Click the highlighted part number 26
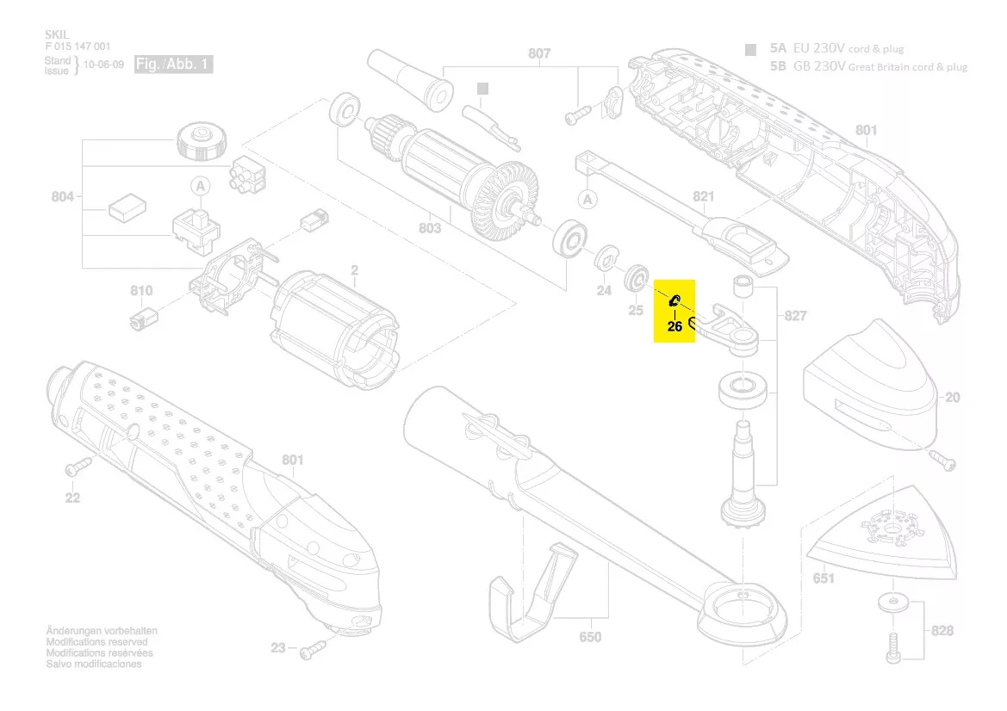[x=674, y=326]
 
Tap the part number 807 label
[x=539, y=53]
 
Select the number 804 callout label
[x=62, y=197]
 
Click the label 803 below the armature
[x=430, y=228]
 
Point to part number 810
[x=141, y=291]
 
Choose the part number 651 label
[x=824, y=578]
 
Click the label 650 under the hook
[x=590, y=637]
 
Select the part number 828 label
[x=942, y=631]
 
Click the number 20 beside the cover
[x=952, y=398]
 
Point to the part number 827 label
[x=795, y=316]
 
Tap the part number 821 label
[x=704, y=197]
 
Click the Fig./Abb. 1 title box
[x=173, y=65]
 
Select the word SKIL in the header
[x=56, y=34]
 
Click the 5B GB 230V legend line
[x=868, y=66]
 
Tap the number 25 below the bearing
[x=636, y=310]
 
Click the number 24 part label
[x=604, y=291]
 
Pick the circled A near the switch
[x=200, y=185]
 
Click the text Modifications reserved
[x=96, y=642]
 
